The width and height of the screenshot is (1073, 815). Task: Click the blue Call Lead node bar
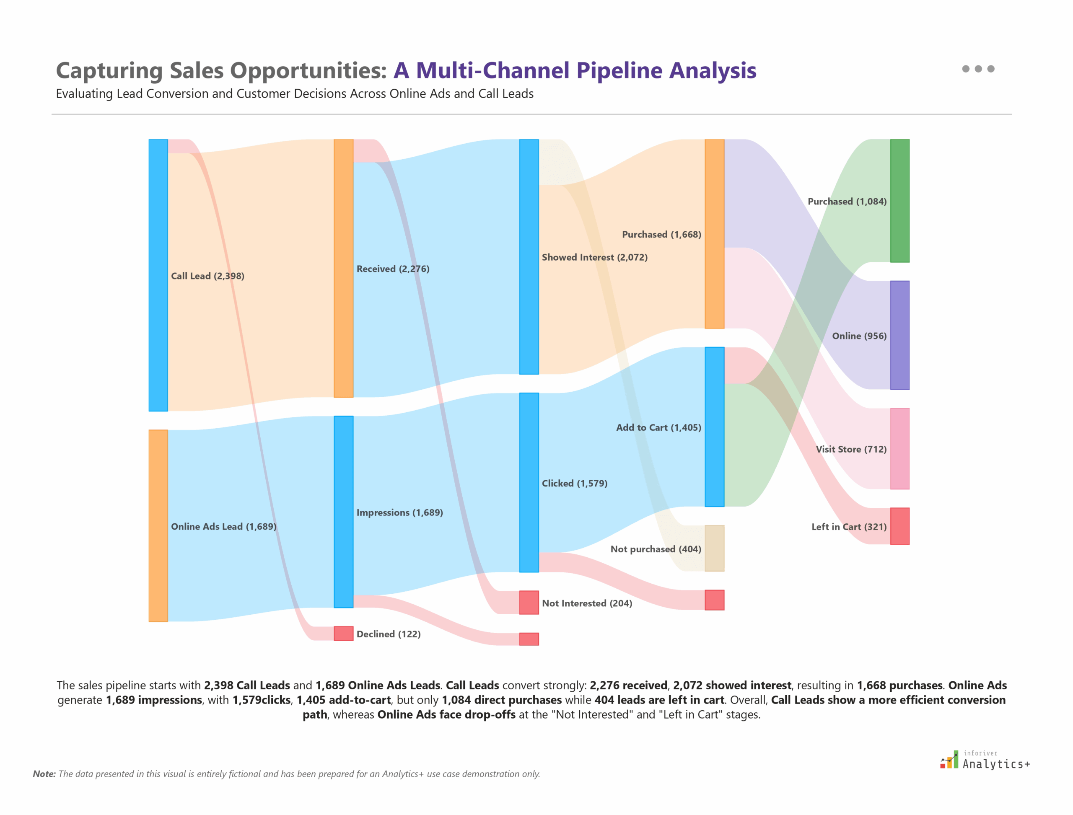[158, 275]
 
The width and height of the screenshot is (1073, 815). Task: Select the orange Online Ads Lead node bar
[158, 525]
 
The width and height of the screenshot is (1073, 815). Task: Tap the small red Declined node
[344, 634]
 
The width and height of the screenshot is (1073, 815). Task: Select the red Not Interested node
[529, 603]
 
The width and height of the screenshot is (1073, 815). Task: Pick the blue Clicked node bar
[529, 482]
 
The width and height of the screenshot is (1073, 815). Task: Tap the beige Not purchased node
[714, 548]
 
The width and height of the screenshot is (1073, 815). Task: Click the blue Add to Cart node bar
[714, 427]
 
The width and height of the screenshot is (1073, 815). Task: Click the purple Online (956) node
[900, 335]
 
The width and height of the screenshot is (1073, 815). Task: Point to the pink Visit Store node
[900, 448]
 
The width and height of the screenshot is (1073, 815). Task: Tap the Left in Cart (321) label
[849, 527]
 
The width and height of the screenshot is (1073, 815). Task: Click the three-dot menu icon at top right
[978, 69]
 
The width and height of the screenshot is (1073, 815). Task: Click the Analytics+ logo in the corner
[985, 761]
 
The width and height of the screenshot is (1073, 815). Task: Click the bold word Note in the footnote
[44, 774]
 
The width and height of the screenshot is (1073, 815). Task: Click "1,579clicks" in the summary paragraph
[262, 700]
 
